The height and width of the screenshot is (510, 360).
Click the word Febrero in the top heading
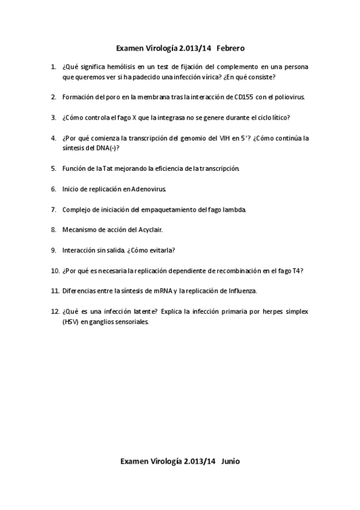[231, 47]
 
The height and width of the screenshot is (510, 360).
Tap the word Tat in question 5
[105, 168]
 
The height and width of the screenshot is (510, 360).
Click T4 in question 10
[297, 271]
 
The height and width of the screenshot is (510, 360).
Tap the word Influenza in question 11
[240, 291]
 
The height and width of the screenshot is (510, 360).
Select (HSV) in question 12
[70, 321]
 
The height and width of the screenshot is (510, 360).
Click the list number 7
[53, 209]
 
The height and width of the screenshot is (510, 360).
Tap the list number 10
[54, 271]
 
